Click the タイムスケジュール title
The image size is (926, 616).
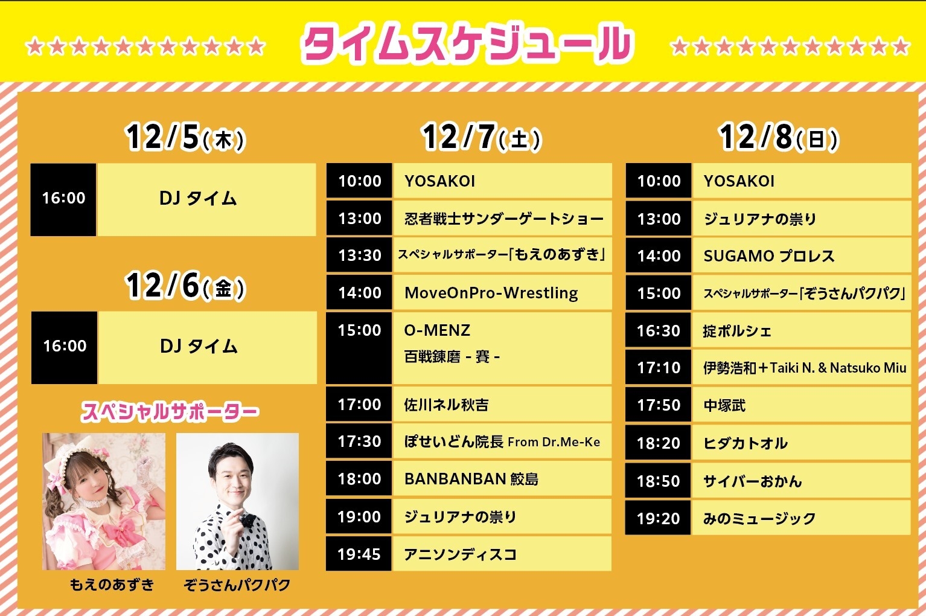467,44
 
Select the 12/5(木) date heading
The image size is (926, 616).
185,136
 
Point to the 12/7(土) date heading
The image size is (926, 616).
482,136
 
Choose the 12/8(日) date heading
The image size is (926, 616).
779,136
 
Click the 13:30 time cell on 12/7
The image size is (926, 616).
359,255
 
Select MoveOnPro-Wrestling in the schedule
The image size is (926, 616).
491,293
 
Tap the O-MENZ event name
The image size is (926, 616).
437,330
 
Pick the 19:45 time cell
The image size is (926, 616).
359,554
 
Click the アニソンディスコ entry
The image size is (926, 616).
461,554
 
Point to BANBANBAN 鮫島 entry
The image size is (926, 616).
471,479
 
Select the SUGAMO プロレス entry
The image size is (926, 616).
769,256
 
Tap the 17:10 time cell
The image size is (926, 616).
659,367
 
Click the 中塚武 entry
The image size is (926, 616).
724,405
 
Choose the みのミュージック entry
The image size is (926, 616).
759,518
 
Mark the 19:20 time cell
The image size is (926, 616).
658,518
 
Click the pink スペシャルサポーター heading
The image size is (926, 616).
170,412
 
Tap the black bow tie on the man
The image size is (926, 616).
248,519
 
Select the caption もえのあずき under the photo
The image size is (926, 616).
112,585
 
